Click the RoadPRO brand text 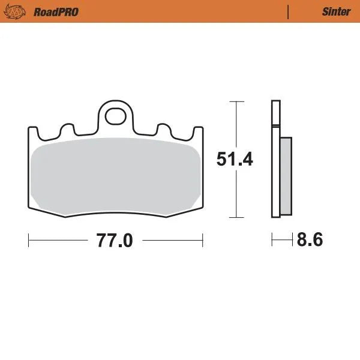[x=56, y=11]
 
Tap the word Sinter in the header [x=332, y=11]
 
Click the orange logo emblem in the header [x=19, y=11]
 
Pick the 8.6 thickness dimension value [x=310, y=240]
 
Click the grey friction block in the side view [x=286, y=176]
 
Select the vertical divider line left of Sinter [x=289, y=11]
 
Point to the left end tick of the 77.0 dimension [x=29, y=241]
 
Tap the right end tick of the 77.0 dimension [x=202, y=241]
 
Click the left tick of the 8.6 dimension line [x=272, y=240]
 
